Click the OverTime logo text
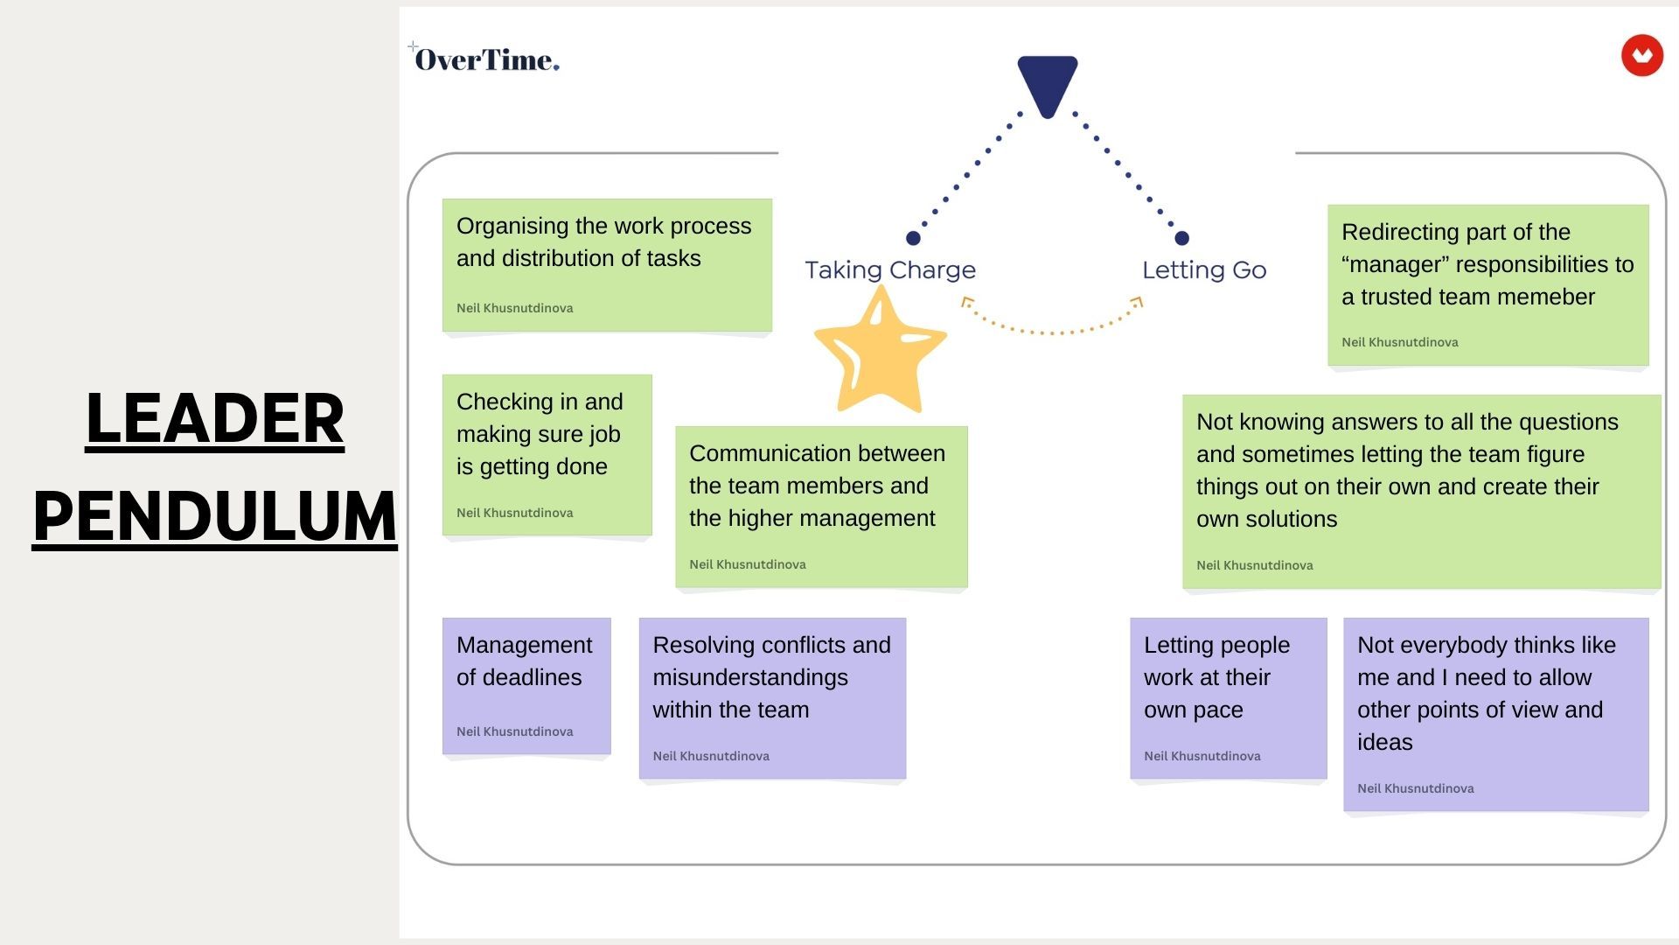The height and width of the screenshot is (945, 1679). pyautogui.click(x=486, y=59)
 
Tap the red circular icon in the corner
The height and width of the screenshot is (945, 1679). pyautogui.click(x=1641, y=56)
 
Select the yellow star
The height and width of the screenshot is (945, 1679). pyautogui.click(x=880, y=350)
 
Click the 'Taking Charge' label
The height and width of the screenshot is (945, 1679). pyautogui.click(x=890, y=269)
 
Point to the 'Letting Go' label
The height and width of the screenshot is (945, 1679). pyautogui.click(x=1204, y=269)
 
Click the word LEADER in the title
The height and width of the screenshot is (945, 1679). pyautogui.click(x=214, y=418)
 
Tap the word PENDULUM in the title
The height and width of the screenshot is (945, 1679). pyautogui.click(x=215, y=515)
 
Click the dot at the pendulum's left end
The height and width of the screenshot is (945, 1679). pyautogui.click(x=913, y=238)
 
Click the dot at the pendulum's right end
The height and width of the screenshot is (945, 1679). pyautogui.click(x=1181, y=238)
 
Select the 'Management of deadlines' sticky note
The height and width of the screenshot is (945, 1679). pyautogui.click(x=526, y=686)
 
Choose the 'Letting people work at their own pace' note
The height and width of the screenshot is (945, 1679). pyautogui.click(x=1228, y=698)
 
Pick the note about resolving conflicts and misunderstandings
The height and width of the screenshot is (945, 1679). pyautogui.click(x=772, y=698)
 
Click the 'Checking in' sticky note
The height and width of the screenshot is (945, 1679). pyautogui.click(x=547, y=455)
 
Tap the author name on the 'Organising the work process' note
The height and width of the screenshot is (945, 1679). pyautogui.click(x=515, y=308)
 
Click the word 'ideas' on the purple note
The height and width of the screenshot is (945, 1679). pyautogui.click(x=1385, y=742)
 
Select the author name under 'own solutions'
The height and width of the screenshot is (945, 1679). pyautogui.click(x=1255, y=565)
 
